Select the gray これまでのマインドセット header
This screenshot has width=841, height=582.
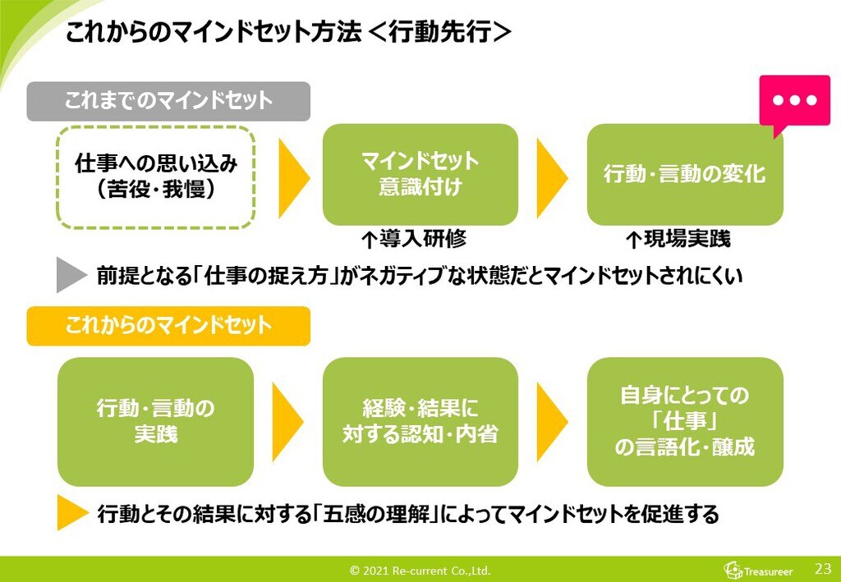point(168,101)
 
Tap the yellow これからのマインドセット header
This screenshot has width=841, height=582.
point(168,326)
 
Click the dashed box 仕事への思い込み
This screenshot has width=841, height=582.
point(156,176)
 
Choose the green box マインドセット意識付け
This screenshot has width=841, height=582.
point(420,174)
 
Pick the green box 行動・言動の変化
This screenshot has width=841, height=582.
point(684,174)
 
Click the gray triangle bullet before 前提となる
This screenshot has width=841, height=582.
point(70,275)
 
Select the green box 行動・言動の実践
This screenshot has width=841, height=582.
point(156,421)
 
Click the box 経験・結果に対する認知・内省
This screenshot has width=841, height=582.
point(420,421)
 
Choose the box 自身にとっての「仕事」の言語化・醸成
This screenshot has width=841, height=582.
point(684,421)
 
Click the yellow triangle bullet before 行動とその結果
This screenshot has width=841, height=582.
point(71,514)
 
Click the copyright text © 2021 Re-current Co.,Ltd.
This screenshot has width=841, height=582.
point(420,571)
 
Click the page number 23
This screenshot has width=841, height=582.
point(823,568)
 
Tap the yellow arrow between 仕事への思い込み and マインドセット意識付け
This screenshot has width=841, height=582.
point(293,176)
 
